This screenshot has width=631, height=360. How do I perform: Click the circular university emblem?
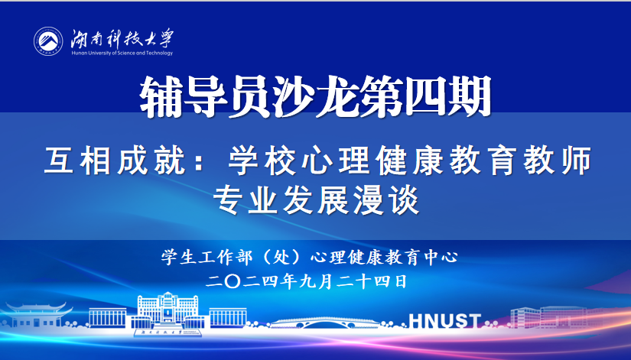(48, 43)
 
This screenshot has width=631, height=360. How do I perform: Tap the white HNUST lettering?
(445, 319)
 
